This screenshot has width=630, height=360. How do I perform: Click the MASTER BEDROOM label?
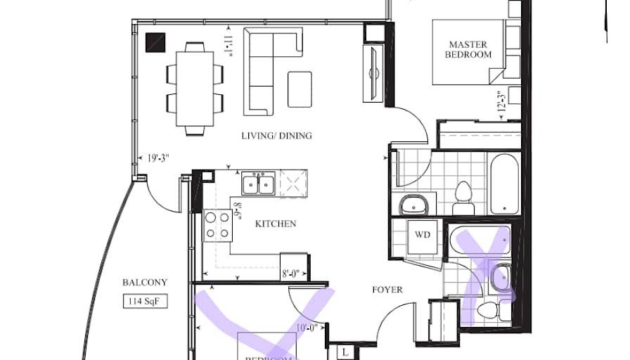[468, 49]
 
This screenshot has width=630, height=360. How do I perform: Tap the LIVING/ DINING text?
[276, 136]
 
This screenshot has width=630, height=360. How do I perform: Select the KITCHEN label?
[275, 224]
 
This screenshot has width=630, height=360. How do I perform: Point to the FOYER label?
[387, 289]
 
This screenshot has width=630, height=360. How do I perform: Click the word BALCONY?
[145, 283]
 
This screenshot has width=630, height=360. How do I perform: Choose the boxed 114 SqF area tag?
[146, 302]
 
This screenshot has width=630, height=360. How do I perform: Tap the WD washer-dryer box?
[422, 234]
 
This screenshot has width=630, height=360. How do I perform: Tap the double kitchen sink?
[257, 184]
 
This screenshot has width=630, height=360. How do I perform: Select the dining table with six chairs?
[195, 89]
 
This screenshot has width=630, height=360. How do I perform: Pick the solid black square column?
[155, 43]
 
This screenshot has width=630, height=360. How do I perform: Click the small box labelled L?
[346, 351]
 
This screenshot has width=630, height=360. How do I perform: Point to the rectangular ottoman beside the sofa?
[300, 89]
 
